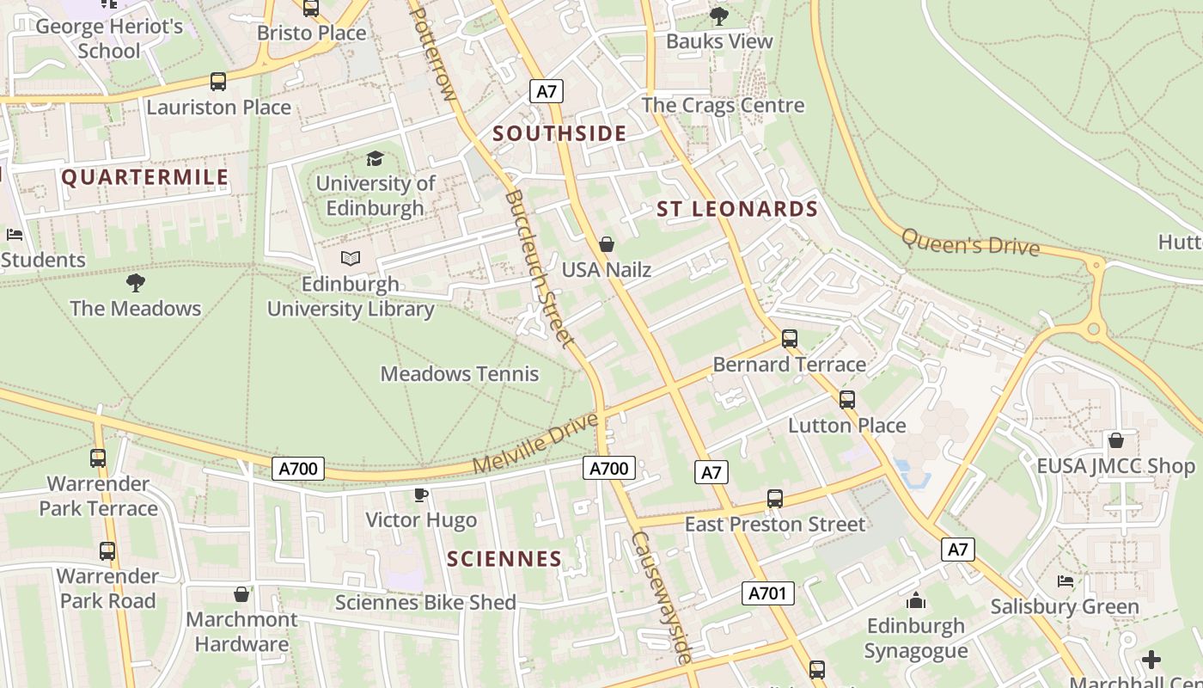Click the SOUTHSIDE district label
[x=559, y=133]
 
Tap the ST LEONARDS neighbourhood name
[x=737, y=209]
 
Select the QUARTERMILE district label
[x=145, y=178]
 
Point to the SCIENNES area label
[x=504, y=559]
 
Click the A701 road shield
[x=768, y=593]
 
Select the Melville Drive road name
[x=534, y=444]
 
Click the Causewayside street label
[x=662, y=597]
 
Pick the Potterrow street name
[x=436, y=52]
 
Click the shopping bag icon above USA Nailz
[x=607, y=244]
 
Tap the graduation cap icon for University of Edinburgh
[x=375, y=158]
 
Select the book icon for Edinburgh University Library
[x=351, y=258]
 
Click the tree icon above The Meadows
[x=135, y=282]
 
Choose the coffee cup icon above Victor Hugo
[x=420, y=494]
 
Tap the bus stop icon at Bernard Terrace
[x=790, y=339]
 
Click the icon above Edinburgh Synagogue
[x=916, y=600]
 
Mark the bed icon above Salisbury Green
[x=1066, y=581]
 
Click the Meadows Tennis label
[x=460, y=374]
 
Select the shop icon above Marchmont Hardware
[x=241, y=594]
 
